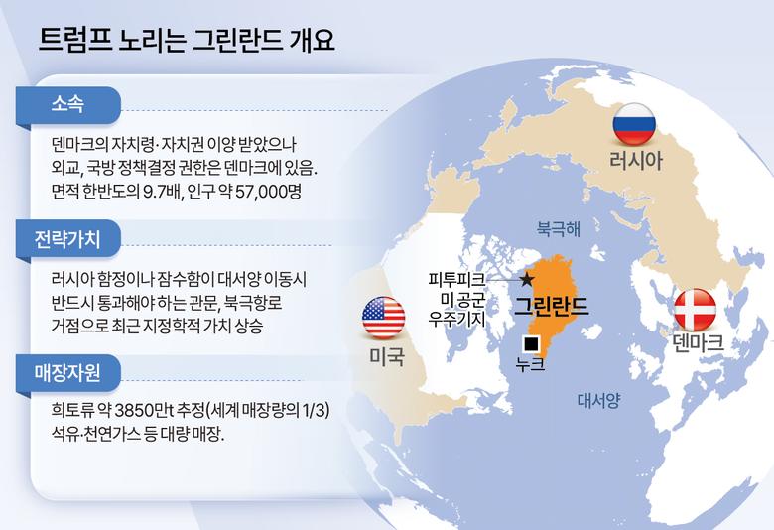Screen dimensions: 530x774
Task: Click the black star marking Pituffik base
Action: point(527,279)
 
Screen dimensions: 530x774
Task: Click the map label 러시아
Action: point(634,161)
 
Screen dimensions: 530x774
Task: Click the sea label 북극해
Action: point(558,227)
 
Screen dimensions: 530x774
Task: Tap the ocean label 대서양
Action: point(598,400)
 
